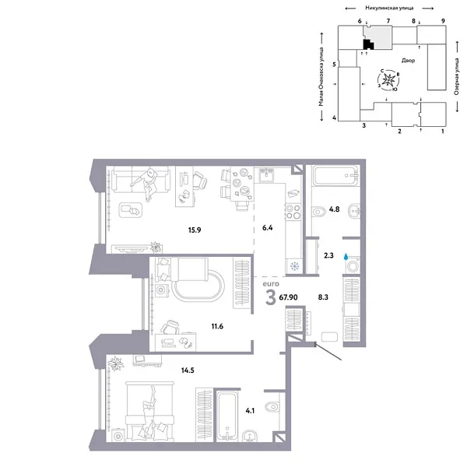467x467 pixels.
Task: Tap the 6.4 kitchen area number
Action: pyautogui.click(x=269, y=229)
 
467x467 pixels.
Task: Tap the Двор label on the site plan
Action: pyautogui.click(x=408, y=60)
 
